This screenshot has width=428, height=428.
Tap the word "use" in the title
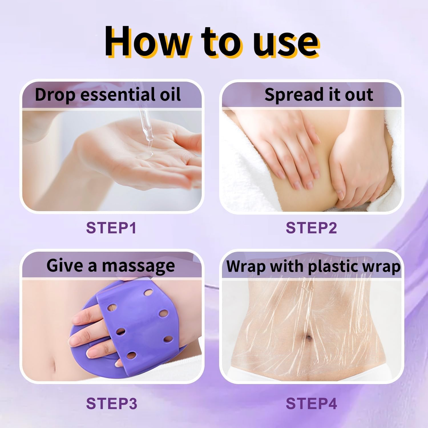(x=286, y=43)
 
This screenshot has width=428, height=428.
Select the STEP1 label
(x=111, y=228)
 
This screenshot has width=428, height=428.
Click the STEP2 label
(x=311, y=228)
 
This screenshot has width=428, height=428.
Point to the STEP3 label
(x=112, y=403)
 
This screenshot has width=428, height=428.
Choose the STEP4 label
(x=311, y=403)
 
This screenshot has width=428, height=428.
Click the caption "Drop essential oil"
(x=108, y=95)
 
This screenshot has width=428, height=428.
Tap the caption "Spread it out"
(x=319, y=95)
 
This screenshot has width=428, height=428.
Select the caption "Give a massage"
(x=111, y=266)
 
